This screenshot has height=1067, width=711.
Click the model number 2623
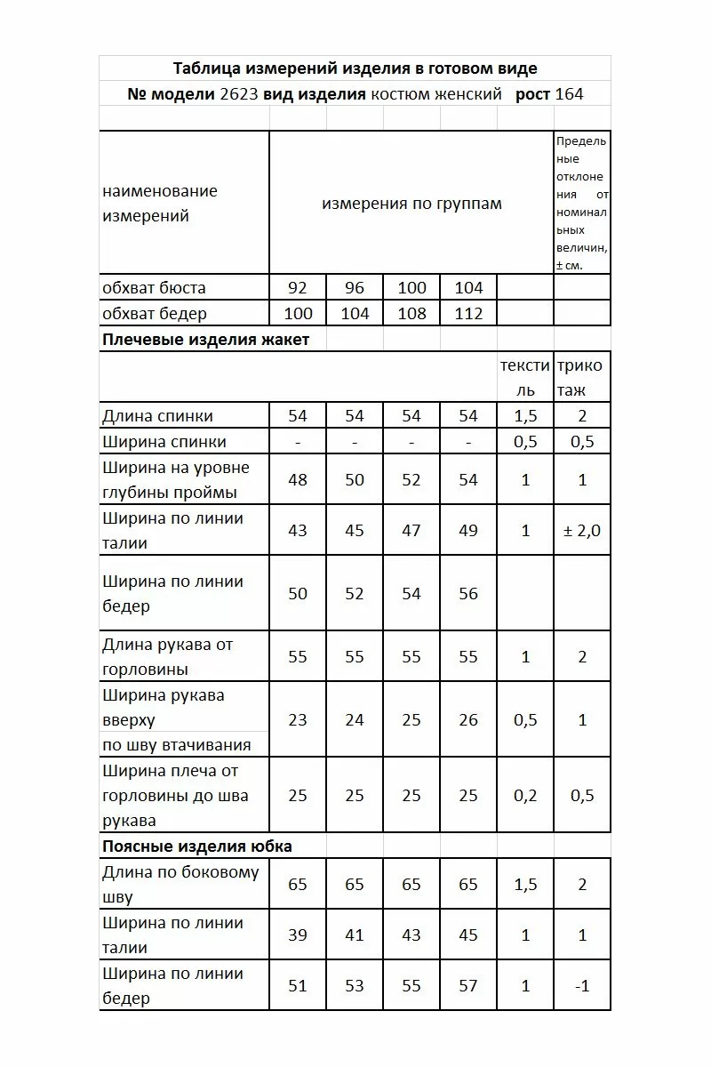pyautogui.click(x=239, y=94)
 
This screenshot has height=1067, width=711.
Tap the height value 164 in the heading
pyautogui.click(x=569, y=94)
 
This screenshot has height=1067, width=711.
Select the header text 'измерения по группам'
pyautogui.click(x=411, y=204)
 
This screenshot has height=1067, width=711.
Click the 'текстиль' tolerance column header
pyautogui.click(x=525, y=378)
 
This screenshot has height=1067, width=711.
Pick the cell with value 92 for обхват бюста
pyautogui.click(x=298, y=288)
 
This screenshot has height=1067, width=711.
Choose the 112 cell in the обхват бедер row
pyautogui.click(x=468, y=314)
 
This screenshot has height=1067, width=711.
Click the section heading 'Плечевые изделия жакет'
pyautogui.click(x=206, y=340)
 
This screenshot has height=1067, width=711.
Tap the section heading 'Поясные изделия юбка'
pyautogui.click(x=197, y=846)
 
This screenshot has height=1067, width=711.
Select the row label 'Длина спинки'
pyautogui.click(x=158, y=416)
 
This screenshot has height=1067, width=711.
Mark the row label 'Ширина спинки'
pyautogui.click(x=164, y=442)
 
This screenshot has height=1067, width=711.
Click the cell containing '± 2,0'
pyautogui.click(x=582, y=531)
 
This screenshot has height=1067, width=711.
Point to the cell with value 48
pyautogui.click(x=298, y=480)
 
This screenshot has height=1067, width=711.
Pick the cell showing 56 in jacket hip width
pyautogui.click(x=468, y=594)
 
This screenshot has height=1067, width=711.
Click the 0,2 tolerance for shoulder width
pyautogui.click(x=525, y=796)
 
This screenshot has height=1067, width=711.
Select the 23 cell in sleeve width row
pyautogui.click(x=298, y=720)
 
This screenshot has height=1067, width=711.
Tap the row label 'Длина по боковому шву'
pyautogui.click(x=180, y=884)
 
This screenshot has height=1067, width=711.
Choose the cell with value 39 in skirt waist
pyautogui.click(x=298, y=935)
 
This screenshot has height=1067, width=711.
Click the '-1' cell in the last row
pyautogui.click(x=582, y=986)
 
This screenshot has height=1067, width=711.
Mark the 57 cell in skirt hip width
pyautogui.click(x=468, y=986)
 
